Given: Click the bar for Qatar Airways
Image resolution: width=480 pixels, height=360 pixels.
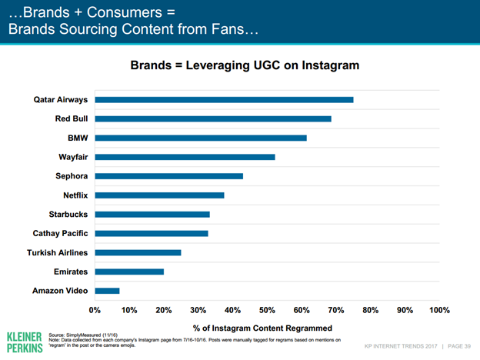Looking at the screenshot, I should (225, 99).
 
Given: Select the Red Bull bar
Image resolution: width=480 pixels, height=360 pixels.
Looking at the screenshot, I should (213, 118).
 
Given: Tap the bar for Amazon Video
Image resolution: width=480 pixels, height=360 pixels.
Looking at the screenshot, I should (108, 291).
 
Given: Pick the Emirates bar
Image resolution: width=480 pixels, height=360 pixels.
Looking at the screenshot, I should (130, 272).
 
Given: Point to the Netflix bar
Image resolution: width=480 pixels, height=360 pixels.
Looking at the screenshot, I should (160, 195).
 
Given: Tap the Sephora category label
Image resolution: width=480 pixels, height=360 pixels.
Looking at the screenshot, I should (71, 176).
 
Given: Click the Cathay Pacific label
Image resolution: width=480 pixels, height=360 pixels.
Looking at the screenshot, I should (61, 233).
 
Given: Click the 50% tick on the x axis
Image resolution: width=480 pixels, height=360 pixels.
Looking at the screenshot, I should (267, 310).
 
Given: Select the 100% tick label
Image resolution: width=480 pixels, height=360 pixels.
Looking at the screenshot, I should (439, 310).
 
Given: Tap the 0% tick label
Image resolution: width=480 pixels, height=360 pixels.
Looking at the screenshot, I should (95, 310).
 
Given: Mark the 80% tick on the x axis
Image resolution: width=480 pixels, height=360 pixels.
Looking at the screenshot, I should (370, 310).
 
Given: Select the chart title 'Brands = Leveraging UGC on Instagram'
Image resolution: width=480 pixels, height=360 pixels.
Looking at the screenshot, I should (244, 66).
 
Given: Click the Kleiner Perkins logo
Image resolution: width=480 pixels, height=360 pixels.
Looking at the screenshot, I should (23, 342).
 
